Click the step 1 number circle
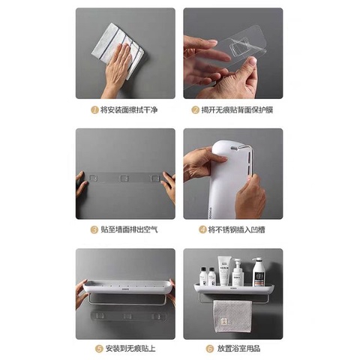coord(94,109)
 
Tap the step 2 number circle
coord(195,109)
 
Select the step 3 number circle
coord(94,229)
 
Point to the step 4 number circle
coord(202,229)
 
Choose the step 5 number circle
coord(99,349)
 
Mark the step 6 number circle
coord(209,349)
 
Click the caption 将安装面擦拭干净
coord(129,109)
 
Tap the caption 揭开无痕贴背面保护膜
coord(237,109)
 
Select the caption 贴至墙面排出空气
coord(129,229)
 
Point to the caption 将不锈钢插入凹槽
coord(237,229)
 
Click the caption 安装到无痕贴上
coord(130,349)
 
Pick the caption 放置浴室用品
coord(238,349)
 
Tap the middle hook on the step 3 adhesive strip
coord(124,178)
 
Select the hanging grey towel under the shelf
coord(232,316)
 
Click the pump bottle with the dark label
coord(257,272)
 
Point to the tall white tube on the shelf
coord(223,271)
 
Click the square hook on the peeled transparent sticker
coord(239,46)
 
